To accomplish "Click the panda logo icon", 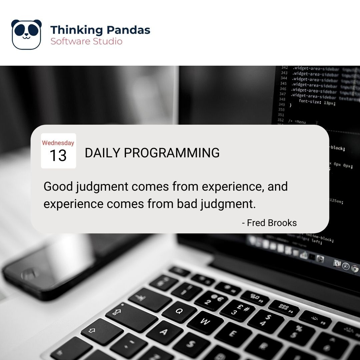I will pos(26,34).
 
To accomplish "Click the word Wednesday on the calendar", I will pos(58,143).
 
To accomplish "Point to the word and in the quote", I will pos(277,187).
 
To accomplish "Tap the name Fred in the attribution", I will pos(256,223).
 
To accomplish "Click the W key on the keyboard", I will pos(205,322).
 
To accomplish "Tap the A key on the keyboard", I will pos(164,332).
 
